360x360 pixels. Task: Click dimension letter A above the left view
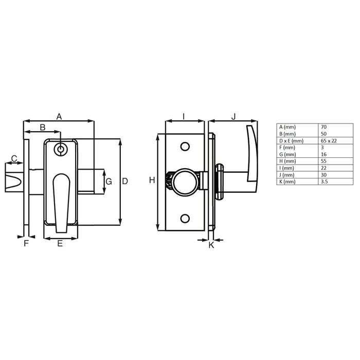coord(59,117)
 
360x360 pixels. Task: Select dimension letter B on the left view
coord(43,127)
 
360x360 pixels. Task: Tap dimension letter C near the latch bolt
coord(14,158)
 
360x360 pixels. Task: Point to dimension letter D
coord(125,181)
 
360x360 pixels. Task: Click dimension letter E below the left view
coord(60,244)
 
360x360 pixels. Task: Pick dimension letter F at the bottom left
coord(26,244)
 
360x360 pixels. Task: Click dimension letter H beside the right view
coord(152,180)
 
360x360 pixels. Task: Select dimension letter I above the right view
coord(184,117)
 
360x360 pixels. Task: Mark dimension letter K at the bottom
coord(211,245)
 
